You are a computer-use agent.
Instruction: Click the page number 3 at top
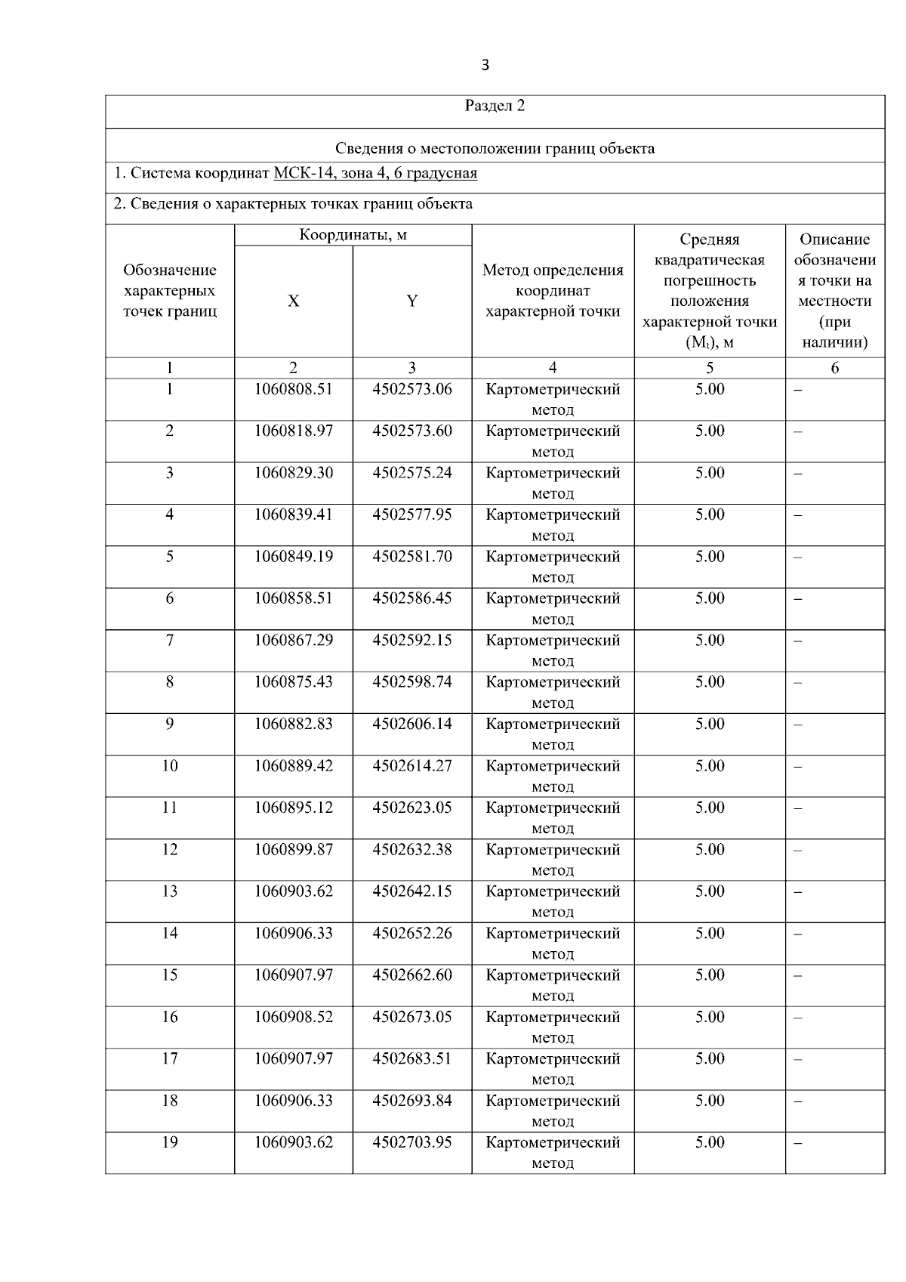point(485,66)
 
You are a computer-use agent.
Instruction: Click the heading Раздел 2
point(495,106)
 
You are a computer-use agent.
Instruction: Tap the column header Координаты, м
point(353,235)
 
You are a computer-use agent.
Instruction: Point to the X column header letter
point(293,301)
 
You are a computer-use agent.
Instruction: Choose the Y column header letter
point(411,301)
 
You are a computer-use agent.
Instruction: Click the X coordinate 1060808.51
point(293,389)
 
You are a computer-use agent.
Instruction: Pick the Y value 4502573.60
point(411,431)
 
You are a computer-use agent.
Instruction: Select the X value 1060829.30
point(293,473)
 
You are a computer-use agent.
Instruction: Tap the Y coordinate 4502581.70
point(411,557)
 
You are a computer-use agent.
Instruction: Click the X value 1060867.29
point(293,641)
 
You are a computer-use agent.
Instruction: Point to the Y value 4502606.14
point(411,724)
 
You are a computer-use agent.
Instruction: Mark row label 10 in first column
point(169,766)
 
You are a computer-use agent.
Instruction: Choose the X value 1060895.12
point(293,808)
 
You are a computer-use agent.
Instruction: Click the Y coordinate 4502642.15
point(411,891)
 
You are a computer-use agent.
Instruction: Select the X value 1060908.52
point(293,1018)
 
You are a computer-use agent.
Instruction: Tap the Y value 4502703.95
point(411,1143)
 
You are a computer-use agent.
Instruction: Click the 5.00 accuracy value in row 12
point(709,850)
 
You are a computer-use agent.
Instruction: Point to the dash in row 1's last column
point(798,391)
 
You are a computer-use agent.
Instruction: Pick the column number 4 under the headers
point(552,368)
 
